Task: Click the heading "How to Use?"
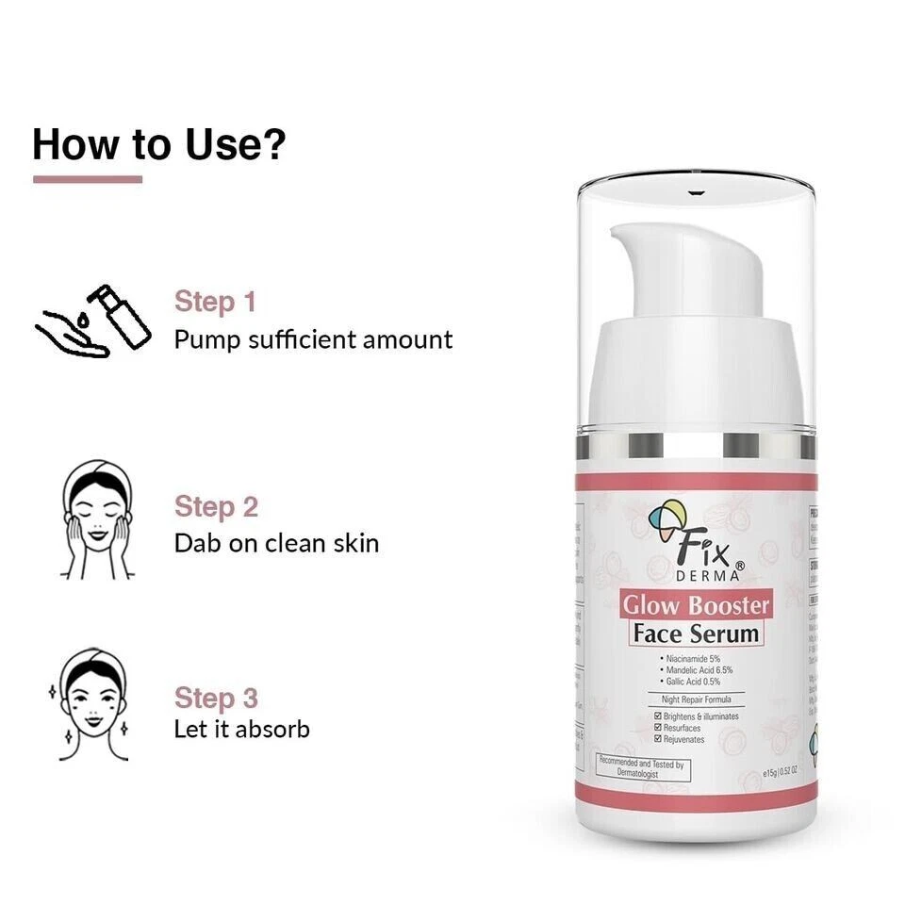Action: pos(158,143)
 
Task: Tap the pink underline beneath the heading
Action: pos(87,179)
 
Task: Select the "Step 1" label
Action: pos(215,302)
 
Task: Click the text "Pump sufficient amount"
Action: pos(313,339)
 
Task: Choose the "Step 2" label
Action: pos(216,506)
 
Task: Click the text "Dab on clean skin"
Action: pos(276,543)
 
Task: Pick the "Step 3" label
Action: pos(216,699)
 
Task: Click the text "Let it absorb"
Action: pos(241,729)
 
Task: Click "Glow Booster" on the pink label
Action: pos(695,604)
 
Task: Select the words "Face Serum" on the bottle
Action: pos(696,633)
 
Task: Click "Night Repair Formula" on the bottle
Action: pos(696,699)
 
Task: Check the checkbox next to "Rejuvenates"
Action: pos(658,739)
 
